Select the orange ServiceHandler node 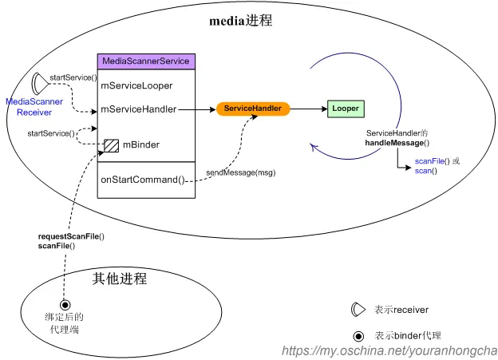tap(253, 108)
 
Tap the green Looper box tap(346, 108)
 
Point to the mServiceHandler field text tap(139, 109)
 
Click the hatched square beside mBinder tap(111, 146)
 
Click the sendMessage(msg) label tap(240, 172)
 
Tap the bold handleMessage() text tap(397, 142)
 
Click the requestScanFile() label tap(72, 236)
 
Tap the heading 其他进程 tap(120, 278)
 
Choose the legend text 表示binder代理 tap(407, 335)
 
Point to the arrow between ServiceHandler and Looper tap(307, 108)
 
